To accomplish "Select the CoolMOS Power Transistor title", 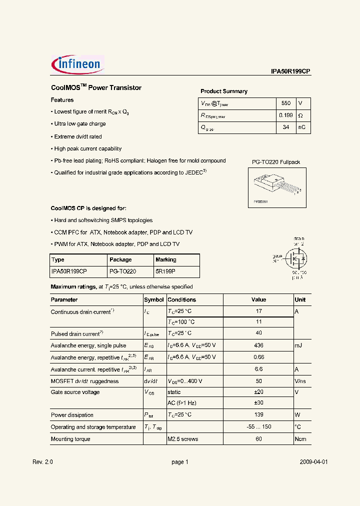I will (96, 87).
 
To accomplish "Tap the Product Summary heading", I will (224, 91).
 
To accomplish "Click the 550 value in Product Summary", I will (285, 103).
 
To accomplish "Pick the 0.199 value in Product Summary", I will (285, 115).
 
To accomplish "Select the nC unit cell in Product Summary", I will (302, 127).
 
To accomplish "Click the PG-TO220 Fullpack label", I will (275, 162).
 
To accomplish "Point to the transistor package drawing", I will (277, 187).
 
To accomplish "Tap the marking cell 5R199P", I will (165, 271).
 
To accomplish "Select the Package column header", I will (120, 259).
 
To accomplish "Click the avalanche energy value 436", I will (258, 345).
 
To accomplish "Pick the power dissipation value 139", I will (258, 415).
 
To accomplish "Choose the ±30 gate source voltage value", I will (258, 403).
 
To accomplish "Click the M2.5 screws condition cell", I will (183, 439).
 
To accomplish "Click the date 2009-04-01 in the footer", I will (313, 462).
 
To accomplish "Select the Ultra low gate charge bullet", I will (80, 124).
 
